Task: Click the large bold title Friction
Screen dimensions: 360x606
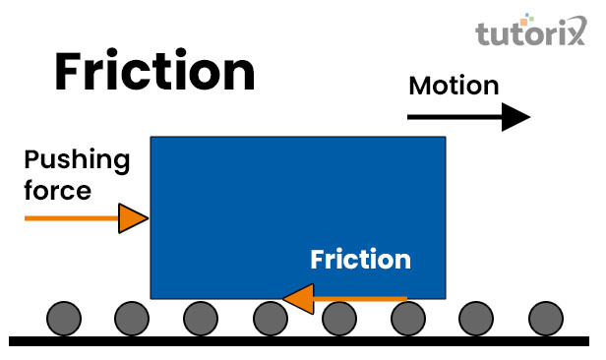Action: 154,72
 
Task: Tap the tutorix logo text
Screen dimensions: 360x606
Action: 532,35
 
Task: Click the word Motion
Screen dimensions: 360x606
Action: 454,86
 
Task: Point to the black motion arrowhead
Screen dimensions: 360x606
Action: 515,117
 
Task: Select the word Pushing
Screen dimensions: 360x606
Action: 77,160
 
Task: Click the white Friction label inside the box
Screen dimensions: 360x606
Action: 360,260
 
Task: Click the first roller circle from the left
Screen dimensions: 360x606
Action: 62,319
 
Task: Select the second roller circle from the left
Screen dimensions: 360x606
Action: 131,319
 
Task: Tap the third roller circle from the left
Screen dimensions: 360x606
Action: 200,319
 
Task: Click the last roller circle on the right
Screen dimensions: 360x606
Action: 546,319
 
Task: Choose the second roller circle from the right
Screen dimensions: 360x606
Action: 477,319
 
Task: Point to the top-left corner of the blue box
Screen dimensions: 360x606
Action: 151,138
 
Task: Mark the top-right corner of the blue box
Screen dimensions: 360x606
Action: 445,138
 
